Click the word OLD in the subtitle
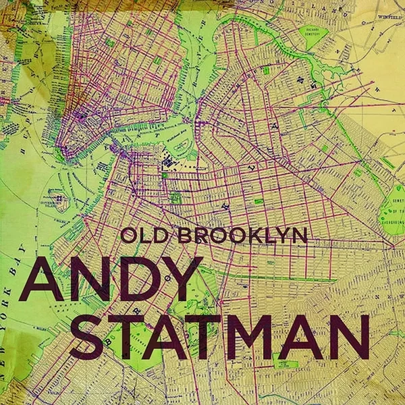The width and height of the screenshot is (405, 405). pyautogui.click(x=143, y=236)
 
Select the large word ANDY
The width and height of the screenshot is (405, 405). pyautogui.click(x=111, y=279)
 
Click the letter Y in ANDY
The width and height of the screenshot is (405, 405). pyautogui.click(x=178, y=279)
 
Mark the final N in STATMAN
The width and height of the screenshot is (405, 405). pyautogui.click(x=351, y=335)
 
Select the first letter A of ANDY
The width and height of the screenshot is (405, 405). pyautogui.click(x=44, y=279)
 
